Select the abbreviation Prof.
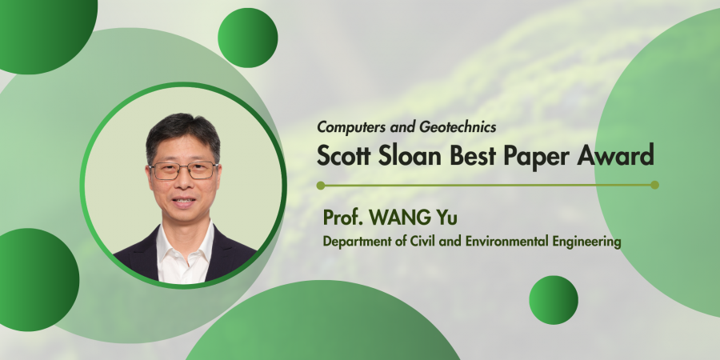click(343, 218)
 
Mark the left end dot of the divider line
click(321, 186)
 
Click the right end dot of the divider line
click(654, 185)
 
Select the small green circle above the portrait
click(247, 38)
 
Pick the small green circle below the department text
click(554, 300)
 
